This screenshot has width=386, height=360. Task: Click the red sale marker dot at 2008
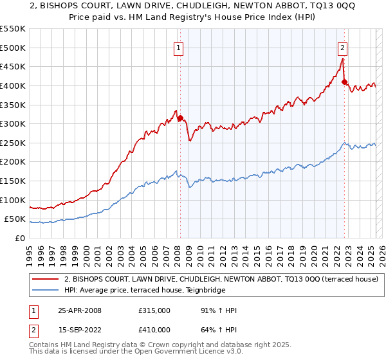(x=180, y=118)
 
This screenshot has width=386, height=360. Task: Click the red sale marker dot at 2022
(x=345, y=82)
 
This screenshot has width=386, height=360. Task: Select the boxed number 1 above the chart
(x=177, y=46)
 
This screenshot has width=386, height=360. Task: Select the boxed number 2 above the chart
(x=343, y=46)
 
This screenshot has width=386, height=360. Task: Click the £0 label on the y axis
(x=20, y=239)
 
